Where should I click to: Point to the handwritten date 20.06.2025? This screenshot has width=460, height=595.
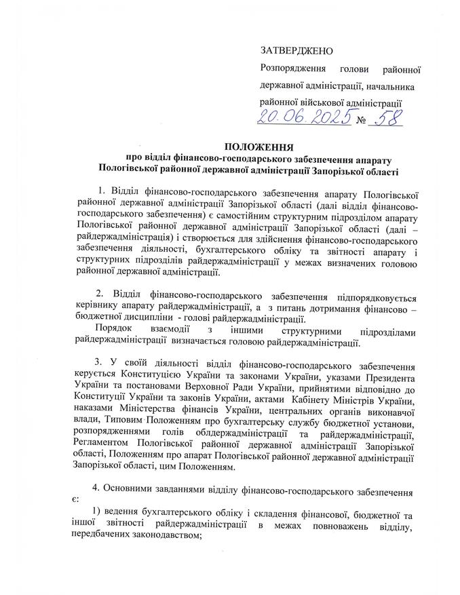(x=305, y=119)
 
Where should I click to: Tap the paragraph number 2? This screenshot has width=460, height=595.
(x=99, y=296)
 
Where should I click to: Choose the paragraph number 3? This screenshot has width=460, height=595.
(x=99, y=362)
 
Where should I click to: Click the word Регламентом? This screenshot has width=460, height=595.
(x=102, y=444)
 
